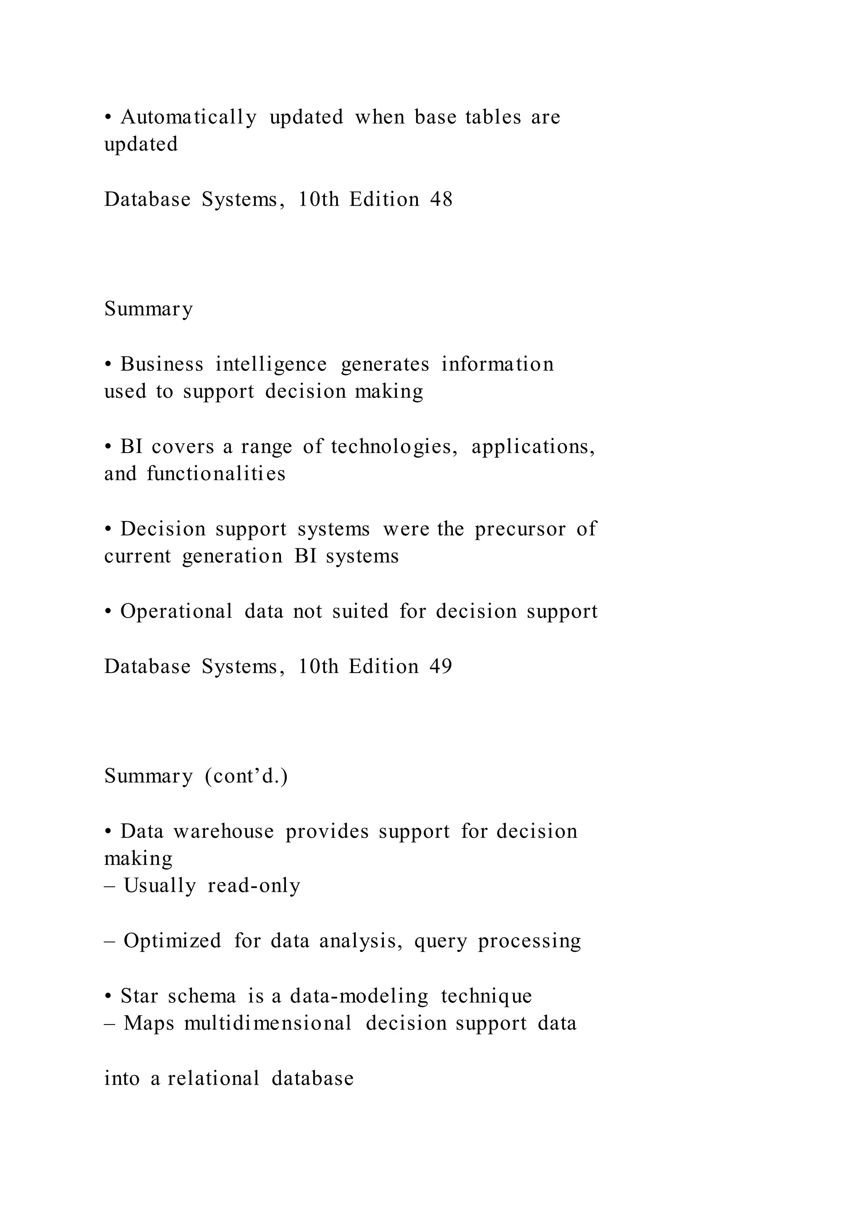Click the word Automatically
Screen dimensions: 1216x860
pos(189,117)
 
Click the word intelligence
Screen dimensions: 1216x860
pos(271,364)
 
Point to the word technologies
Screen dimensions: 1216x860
pos(394,446)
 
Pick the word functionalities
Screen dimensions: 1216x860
pos(216,474)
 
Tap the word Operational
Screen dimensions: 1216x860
pos(176,612)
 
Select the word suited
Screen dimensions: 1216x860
pos(360,612)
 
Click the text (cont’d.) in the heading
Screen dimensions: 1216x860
pos(246,776)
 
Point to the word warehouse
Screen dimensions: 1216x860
pos(223,831)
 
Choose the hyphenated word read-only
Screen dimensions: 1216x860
pos(254,886)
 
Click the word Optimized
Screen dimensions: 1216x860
pos(172,941)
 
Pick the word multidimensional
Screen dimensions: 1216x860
pos(268,1023)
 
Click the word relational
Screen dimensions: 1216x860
pos(213,1078)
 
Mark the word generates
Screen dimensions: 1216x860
pos(385,364)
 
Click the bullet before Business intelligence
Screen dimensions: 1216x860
pos(108,364)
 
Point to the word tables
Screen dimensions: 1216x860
pos(493,117)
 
